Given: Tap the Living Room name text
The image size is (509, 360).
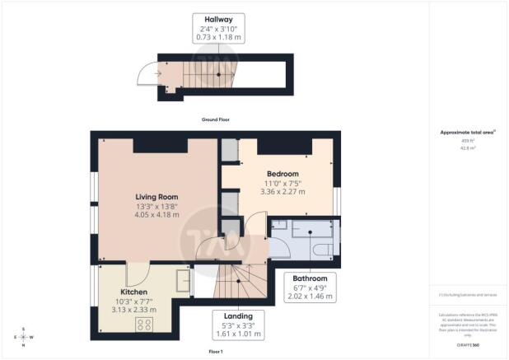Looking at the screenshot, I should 134,197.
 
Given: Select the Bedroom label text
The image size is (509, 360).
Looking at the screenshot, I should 282,174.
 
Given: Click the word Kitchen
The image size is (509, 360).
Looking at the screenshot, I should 133,292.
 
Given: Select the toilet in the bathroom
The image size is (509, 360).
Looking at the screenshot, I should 325,249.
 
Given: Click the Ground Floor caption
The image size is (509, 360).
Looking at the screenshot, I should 216,119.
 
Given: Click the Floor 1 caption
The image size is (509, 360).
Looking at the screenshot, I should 216,351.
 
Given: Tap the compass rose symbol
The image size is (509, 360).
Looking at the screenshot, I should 23,337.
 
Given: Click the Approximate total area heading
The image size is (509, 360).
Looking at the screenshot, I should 468,133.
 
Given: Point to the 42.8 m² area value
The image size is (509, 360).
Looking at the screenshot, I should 468,147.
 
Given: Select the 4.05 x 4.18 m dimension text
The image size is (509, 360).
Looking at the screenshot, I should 134,216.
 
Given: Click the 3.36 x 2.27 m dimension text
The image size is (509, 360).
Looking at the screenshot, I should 282,192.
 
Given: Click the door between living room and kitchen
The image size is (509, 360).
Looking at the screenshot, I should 137,273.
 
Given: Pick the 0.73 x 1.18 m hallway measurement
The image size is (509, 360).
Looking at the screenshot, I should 218,37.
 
